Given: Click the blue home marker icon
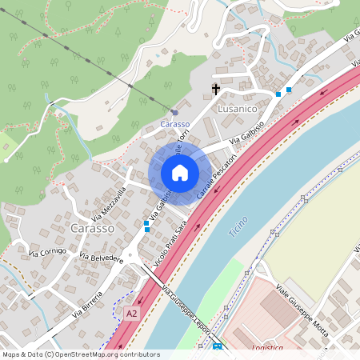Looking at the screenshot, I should (x=180, y=172).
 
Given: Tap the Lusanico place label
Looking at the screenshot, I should (x=235, y=105).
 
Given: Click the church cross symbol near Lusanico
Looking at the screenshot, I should (x=215, y=89).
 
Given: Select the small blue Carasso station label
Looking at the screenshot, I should (x=174, y=124).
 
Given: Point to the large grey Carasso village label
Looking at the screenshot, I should (x=92, y=227).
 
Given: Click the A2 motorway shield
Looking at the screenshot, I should (x=131, y=314).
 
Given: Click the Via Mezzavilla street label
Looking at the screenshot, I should (x=109, y=203).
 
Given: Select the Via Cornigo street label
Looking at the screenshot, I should (x=48, y=253).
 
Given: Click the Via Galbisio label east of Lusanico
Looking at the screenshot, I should (x=247, y=133).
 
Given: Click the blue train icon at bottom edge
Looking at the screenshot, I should (x=217, y=347).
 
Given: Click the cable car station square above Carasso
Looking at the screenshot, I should (x=174, y=112).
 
